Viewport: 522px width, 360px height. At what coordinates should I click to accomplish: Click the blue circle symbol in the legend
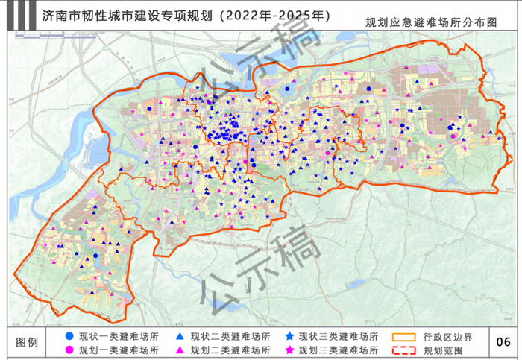69,336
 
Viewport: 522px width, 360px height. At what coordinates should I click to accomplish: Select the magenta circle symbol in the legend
69,350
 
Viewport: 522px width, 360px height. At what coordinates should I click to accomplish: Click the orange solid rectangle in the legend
404,336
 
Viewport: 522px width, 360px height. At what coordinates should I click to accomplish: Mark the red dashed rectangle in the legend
404,350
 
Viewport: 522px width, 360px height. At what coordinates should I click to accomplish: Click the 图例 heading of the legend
29,342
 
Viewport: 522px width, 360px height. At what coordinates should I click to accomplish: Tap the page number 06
503,342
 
